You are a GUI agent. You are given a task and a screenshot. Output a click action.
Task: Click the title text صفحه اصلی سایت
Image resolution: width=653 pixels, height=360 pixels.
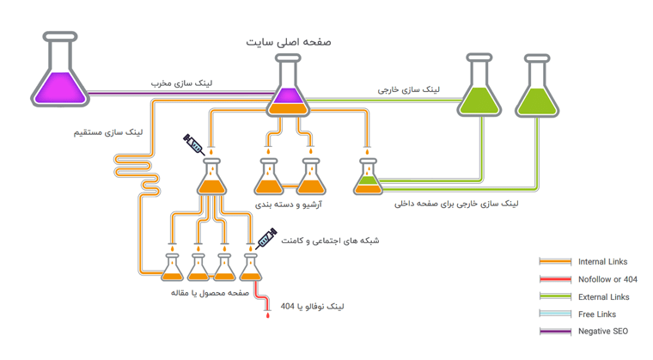[x=289, y=41]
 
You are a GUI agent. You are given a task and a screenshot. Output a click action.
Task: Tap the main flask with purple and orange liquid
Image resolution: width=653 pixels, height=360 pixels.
[x=288, y=88]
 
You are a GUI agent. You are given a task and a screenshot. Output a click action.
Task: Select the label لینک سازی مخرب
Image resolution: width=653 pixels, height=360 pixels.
[x=182, y=83]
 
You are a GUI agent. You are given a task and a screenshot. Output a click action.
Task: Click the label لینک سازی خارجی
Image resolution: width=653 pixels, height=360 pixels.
[x=409, y=88]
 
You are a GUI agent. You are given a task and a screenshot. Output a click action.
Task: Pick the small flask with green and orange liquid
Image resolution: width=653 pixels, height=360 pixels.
[x=368, y=178]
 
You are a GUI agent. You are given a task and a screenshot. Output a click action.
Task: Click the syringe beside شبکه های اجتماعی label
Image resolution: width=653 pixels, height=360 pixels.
[x=267, y=237]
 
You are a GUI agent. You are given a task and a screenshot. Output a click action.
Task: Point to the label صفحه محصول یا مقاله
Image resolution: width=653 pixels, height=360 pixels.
[x=210, y=292]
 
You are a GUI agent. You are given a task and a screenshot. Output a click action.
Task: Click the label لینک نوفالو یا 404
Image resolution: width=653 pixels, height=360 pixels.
[x=314, y=307]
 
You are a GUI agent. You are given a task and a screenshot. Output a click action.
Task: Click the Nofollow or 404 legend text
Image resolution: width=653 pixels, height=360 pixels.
[x=607, y=279]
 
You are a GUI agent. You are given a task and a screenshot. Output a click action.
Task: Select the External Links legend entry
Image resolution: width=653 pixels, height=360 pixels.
[x=603, y=296]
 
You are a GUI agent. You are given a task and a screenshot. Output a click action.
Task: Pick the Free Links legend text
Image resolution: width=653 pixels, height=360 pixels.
[x=597, y=314]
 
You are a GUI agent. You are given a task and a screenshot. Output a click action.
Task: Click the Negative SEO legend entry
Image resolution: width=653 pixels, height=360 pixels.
[x=602, y=331]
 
